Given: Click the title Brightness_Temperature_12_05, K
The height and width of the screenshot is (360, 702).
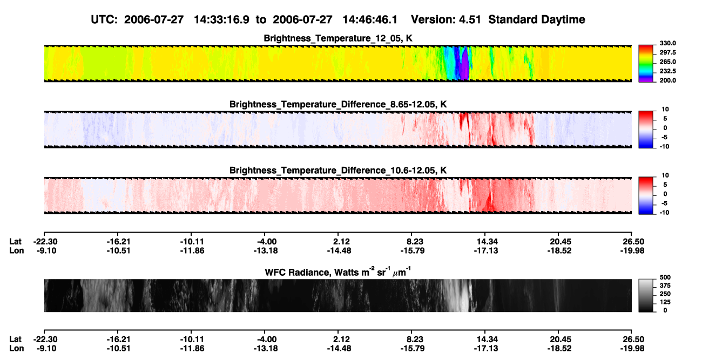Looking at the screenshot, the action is pyautogui.click(x=338, y=38).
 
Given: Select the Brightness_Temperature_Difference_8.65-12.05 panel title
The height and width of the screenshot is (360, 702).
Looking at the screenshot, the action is pyautogui.click(x=338, y=104).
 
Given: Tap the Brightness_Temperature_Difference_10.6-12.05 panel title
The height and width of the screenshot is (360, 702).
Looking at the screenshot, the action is pyautogui.click(x=338, y=171).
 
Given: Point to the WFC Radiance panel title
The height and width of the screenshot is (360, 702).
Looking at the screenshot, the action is pyautogui.click(x=338, y=271).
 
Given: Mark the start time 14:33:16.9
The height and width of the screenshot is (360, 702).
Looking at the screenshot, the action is pyautogui.click(x=221, y=20).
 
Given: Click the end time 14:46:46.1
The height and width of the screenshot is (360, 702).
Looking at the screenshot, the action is pyautogui.click(x=370, y=20).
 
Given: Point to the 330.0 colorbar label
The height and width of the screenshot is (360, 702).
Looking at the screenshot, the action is pyautogui.click(x=667, y=43).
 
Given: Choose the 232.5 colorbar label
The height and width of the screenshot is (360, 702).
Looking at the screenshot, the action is pyautogui.click(x=667, y=71).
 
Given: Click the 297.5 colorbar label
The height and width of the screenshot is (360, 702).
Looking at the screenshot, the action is pyautogui.click(x=667, y=53).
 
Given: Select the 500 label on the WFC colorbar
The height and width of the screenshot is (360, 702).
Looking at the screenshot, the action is pyautogui.click(x=665, y=277).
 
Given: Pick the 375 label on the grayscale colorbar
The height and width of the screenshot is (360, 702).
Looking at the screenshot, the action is pyautogui.click(x=665, y=286).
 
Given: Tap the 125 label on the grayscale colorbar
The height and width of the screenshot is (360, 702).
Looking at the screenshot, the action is pyautogui.click(x=665, y=302).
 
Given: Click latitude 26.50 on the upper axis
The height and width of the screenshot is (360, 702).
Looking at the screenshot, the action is pyautogui.click(x=631, y=242).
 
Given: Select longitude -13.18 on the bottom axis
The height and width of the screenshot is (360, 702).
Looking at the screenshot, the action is pyautogui.click(x=266, y=349).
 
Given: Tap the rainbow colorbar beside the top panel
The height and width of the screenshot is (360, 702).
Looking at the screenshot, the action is pyautogui.click(x=646, y=64).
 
